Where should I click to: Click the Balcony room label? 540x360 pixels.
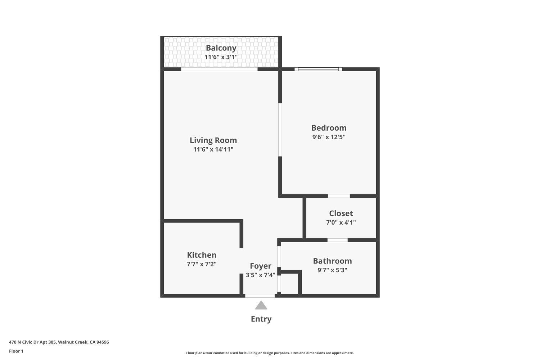click(x=221, y=48)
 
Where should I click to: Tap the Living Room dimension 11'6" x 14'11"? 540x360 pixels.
click(x=213, y=149)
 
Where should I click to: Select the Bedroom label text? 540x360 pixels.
click(x=329, y=128)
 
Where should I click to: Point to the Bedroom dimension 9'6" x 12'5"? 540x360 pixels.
click(x=329, y=137)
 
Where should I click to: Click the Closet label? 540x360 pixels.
click(x=341, y=213)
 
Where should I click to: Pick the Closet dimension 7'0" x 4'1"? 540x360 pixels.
click(x=341, y=222)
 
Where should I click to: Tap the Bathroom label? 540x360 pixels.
click(x=332, y=261)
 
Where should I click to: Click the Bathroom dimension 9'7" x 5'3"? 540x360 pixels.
click(x=332, y=270)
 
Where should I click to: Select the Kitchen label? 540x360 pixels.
click(x=202, y=255)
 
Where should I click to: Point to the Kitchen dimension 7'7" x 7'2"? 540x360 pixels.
click(x=202, y=264)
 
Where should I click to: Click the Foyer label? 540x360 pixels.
click(x=260, y=266)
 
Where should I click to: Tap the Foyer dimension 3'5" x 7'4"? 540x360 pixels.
click(x=260, y=275)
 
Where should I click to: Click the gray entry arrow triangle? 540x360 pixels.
click(x=261, y=306)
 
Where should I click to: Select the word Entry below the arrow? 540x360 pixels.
click(x=261, y=319)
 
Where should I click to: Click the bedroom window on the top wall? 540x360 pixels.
click(x=318, y=69)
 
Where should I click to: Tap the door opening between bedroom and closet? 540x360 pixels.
click(x=338, y=196)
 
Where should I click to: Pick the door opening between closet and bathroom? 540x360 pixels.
click(x=337, y=240)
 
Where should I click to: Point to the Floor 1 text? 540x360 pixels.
click(x=16, y=351)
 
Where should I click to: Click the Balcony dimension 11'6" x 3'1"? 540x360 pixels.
click(x=221, y=57)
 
